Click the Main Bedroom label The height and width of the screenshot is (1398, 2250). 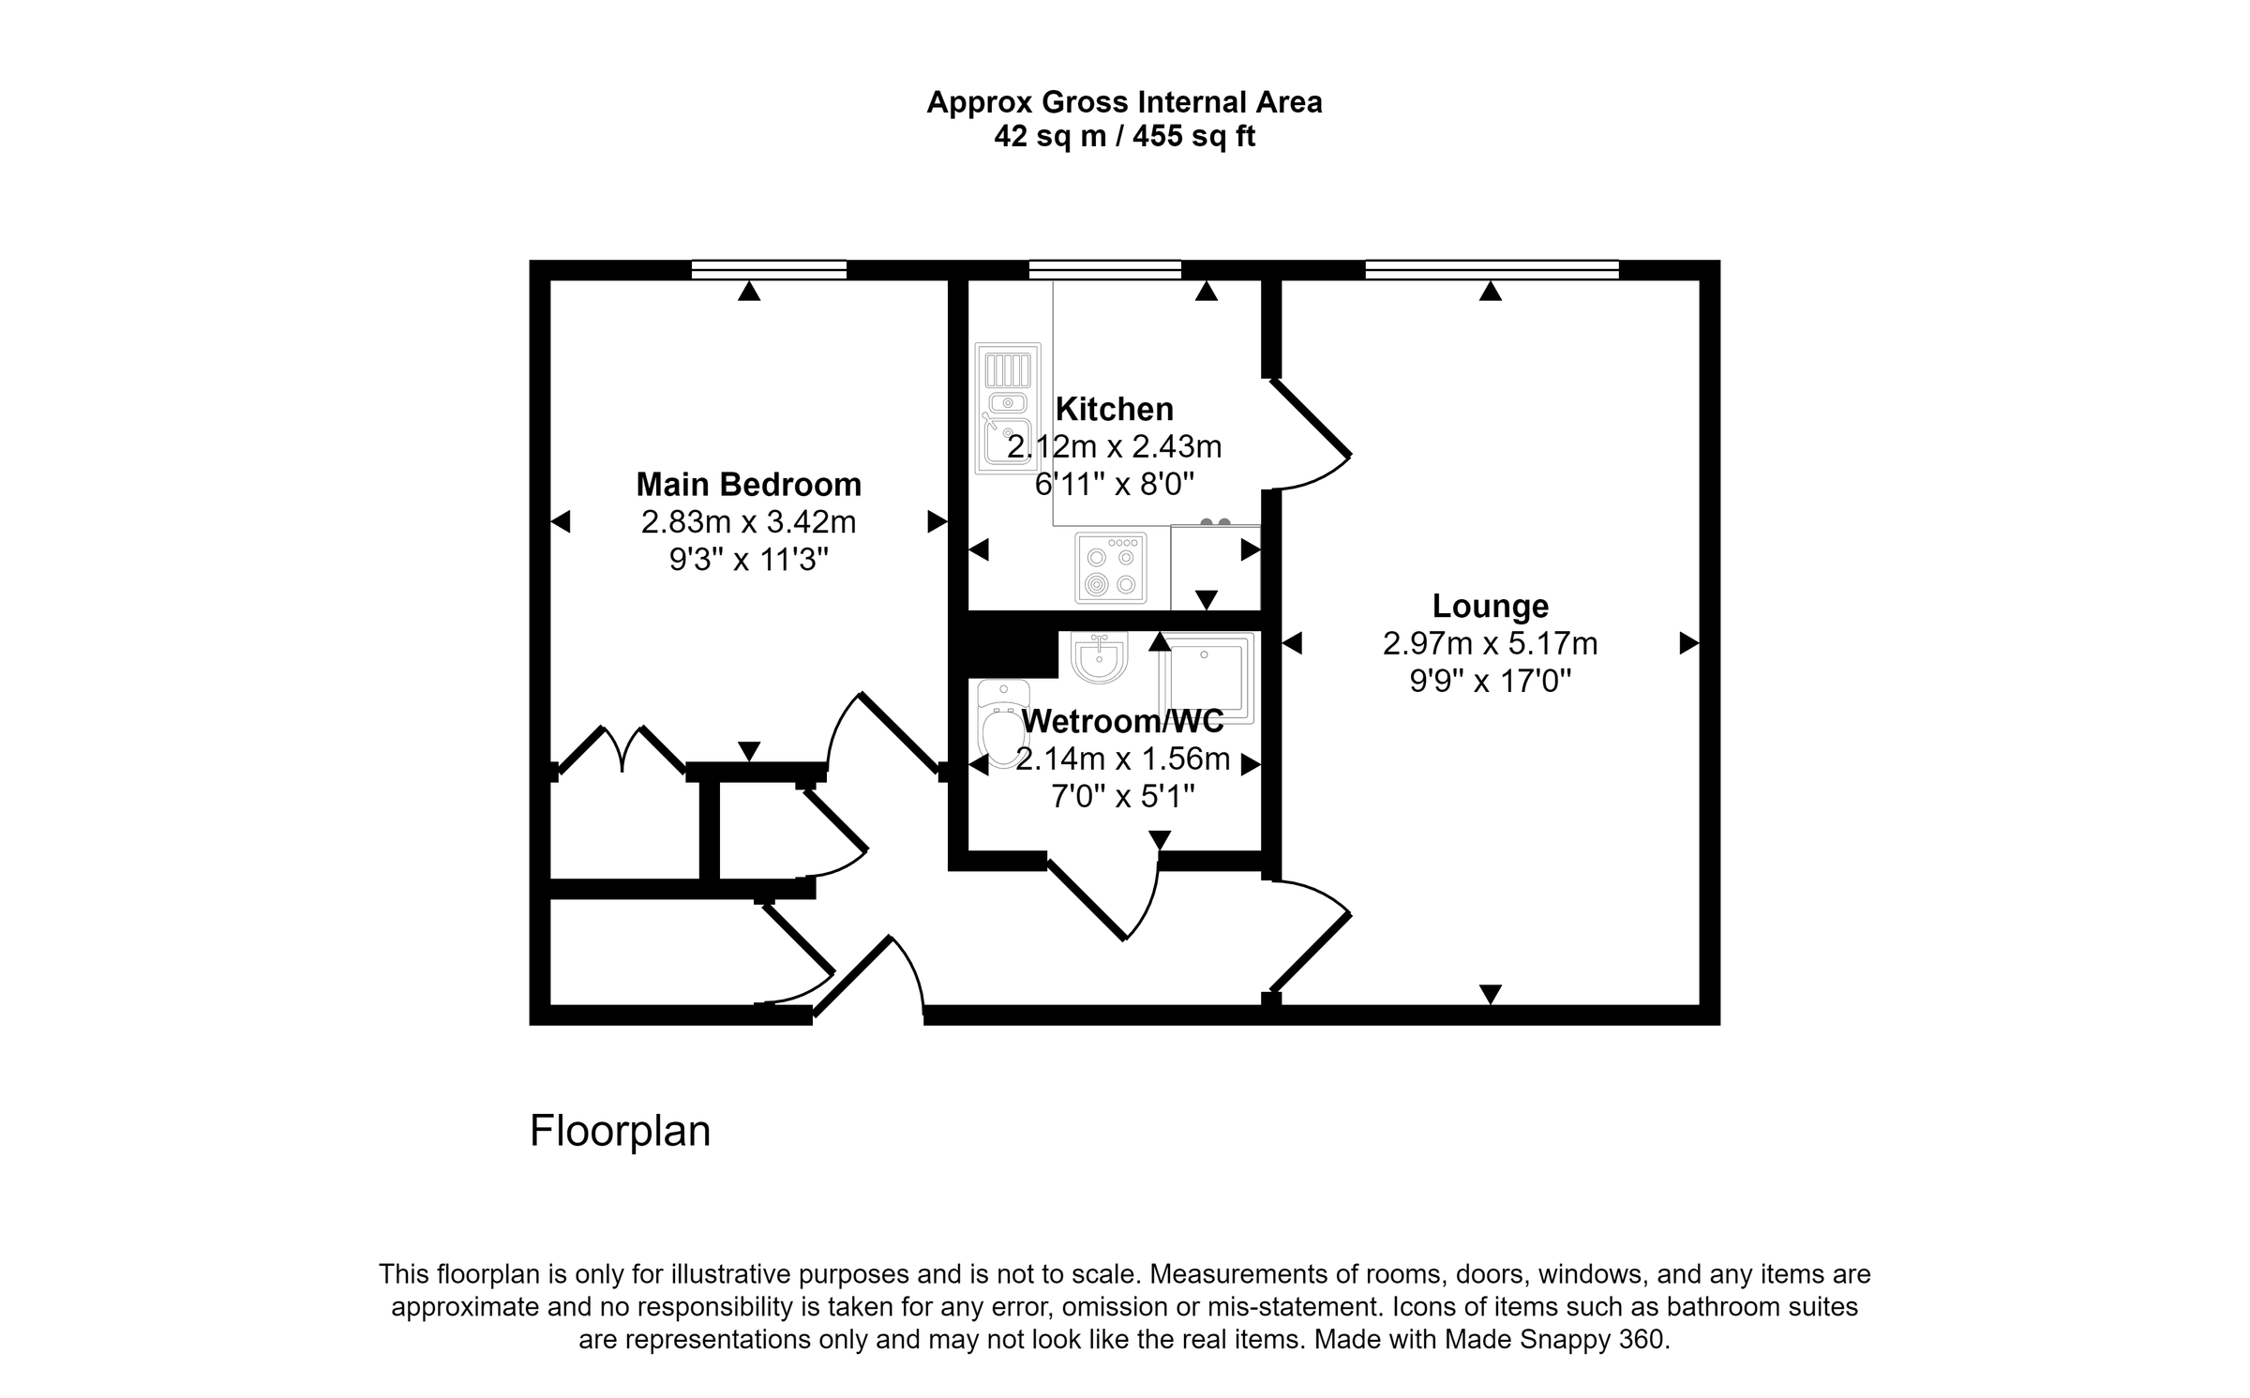[748, 485]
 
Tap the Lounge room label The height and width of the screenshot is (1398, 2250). [1490, 606]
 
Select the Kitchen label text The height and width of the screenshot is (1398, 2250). [1114, 410]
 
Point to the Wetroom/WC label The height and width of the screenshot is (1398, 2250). [1122, 721]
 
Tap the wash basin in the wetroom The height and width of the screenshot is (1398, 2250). [1099, 657]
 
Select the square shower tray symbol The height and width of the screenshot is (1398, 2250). [1207, 677]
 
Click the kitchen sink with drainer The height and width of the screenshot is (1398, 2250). [1008, 408]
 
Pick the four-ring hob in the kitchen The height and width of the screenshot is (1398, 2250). [1111, 567]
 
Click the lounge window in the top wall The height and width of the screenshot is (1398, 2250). [1491, 270]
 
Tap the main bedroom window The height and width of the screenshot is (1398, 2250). [769, 270]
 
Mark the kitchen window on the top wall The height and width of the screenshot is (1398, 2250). [1104, 270]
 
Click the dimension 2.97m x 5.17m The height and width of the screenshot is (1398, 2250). [1490, 644]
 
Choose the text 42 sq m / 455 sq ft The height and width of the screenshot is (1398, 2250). [1124, 137]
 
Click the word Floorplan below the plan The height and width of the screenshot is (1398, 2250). [620, 1131]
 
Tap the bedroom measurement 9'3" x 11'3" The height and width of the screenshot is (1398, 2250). [748, 561]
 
